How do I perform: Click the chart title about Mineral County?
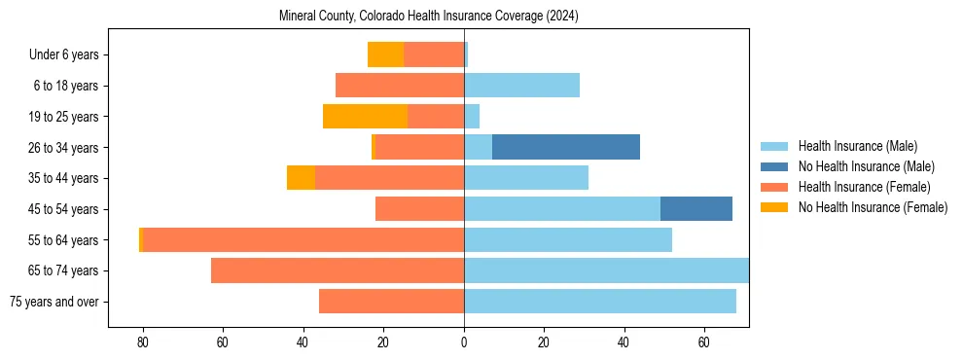[428, 17]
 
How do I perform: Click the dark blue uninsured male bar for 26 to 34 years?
[566, 147]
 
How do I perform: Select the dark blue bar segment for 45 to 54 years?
[696, 209]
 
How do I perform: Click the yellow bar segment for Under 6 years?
[385, 54]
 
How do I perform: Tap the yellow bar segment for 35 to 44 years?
[301, 178]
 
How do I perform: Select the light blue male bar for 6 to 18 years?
[521, 86]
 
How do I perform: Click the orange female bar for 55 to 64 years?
[303, 239]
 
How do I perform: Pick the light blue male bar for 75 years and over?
[600, 302]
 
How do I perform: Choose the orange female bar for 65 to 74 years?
[338, 270]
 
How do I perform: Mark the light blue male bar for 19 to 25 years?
[472, 117]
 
